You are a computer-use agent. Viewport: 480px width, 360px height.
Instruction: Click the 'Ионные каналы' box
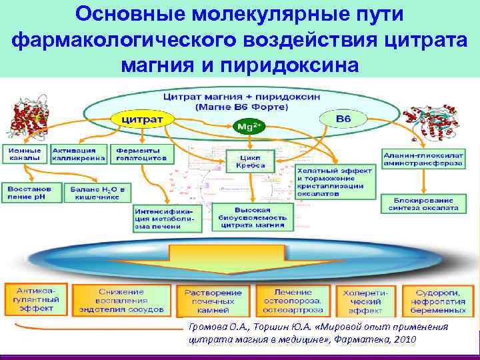click(25, 154)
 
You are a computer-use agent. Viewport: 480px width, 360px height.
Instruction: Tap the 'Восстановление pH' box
click(31, 193)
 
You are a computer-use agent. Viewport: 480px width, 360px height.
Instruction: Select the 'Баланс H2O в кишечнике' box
click(98, 193)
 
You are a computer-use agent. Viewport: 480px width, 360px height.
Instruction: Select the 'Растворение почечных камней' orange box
click(213, 301)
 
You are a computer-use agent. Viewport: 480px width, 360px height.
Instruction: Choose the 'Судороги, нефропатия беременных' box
click(439, 301)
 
